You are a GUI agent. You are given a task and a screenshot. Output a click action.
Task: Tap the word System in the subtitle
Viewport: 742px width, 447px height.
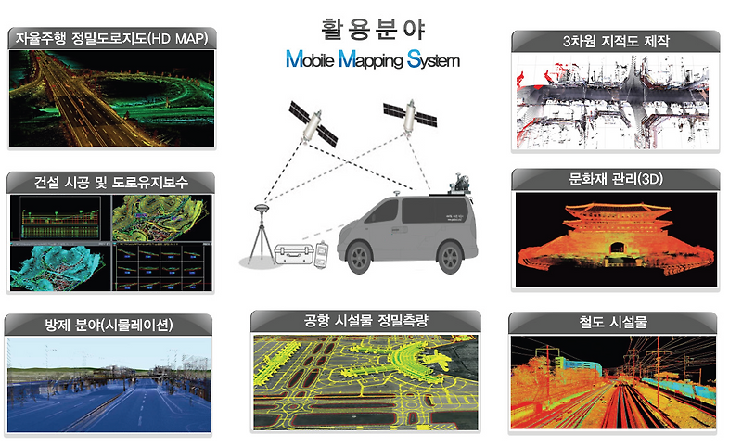tap(433, 62)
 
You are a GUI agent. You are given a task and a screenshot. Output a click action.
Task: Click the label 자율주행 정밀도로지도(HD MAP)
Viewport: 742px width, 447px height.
tap(112, 39)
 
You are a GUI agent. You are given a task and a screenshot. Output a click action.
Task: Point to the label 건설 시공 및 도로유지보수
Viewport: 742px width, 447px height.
tap(111, 182)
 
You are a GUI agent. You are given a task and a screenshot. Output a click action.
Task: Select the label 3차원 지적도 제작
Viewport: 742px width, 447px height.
tap(615, 41)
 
